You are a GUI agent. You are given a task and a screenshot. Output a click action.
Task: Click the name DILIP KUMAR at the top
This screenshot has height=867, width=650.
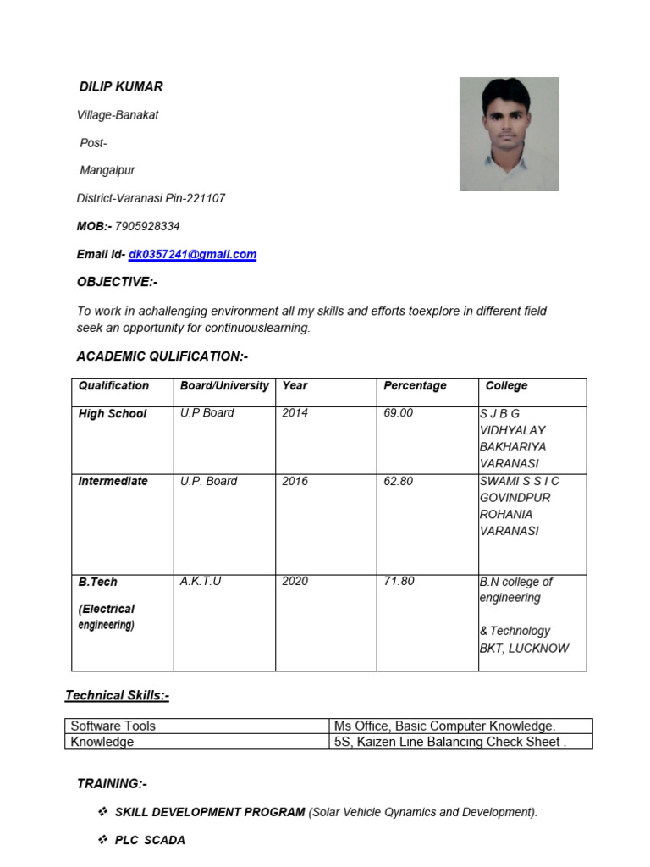pos(121,86)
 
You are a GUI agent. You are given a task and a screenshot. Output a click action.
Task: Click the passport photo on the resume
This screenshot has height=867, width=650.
pos(509,134)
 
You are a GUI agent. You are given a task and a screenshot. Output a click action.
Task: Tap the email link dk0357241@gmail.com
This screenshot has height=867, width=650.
pos(192,254)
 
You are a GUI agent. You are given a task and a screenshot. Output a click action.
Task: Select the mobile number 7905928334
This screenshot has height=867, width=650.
pos(147,226)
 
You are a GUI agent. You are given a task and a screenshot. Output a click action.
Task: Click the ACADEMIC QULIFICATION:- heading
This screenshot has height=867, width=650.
pos(162,356)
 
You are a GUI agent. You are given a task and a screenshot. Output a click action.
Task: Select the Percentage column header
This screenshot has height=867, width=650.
pos(415,386)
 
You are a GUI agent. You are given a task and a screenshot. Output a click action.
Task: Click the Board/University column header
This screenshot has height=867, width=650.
pos(224,386)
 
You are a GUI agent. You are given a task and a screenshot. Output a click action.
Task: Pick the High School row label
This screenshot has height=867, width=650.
pos(113,414)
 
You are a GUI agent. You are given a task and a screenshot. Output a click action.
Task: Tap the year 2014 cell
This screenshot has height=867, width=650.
pos(295,413)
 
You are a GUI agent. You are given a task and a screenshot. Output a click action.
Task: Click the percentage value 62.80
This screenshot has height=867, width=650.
pos(399,481)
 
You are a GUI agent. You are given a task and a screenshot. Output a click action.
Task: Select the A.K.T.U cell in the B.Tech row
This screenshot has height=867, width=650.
pos(201,582)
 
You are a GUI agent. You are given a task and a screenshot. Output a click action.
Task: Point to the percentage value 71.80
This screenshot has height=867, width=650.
pos(399,582)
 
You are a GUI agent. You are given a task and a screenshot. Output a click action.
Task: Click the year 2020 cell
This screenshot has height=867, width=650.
pos(295,582)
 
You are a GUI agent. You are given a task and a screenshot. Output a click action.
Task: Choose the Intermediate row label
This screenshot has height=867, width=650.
pos(113,481)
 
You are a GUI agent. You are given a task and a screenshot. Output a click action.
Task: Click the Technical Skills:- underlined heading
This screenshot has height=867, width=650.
pos(118,695)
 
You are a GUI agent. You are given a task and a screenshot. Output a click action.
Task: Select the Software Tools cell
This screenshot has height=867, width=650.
pos(113,726)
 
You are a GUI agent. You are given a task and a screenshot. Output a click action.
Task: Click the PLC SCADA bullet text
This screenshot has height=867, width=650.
pos(150,840)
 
